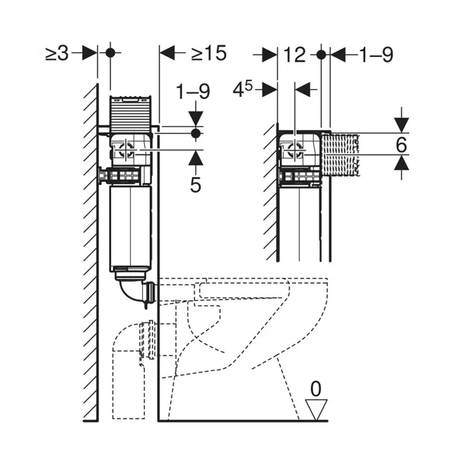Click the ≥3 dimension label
[x=57, y=53]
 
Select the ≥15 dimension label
[x=209, y=53]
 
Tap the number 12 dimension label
[x=294, y=55]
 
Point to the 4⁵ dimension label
[x=243, y=89]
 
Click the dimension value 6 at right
[x=401, y=145]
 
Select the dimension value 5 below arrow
[x=196, y=185]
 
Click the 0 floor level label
[x=316, y=389]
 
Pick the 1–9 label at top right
[x=376, y=54]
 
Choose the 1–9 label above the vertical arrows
[x=193, y=91]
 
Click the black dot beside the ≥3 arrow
[x=110, y=53]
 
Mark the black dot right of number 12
[x=321, y=54]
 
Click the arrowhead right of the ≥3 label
[x=89, y=53]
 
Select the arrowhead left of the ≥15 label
[x=167, y=53]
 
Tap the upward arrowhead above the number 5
[x=196, y=158]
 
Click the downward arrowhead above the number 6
[x=401, y=125]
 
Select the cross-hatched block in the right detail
[x=341, y=155]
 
